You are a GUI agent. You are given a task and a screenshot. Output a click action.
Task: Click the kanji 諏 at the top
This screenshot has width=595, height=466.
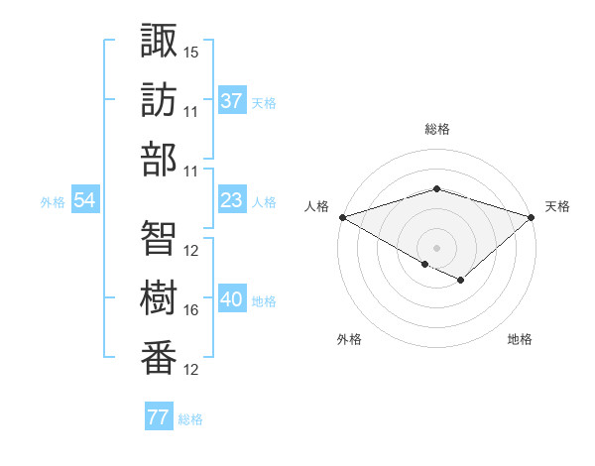159,41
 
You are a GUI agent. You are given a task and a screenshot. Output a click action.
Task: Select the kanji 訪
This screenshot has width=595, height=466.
159,100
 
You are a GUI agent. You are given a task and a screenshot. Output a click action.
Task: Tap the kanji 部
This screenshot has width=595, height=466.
159,160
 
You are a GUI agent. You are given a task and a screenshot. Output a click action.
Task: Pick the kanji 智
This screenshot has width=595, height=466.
159,238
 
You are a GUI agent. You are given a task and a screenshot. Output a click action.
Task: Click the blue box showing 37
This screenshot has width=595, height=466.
231,101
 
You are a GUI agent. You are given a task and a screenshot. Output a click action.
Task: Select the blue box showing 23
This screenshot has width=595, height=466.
231,201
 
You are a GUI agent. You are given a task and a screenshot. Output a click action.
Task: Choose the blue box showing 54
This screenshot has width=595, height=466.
84,201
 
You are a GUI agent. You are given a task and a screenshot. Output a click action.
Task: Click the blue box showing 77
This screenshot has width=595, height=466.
159,417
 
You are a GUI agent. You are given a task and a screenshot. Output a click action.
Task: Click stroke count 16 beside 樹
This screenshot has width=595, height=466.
191,310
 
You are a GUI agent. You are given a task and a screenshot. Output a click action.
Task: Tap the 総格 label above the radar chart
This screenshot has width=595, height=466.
436,129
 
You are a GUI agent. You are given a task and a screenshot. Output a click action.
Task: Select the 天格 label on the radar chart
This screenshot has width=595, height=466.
557,206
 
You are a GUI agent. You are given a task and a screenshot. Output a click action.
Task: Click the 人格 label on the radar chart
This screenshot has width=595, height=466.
316,206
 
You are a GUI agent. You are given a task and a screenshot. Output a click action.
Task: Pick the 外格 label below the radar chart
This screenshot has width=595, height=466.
349,340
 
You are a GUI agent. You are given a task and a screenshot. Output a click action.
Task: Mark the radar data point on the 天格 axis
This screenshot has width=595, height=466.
533,216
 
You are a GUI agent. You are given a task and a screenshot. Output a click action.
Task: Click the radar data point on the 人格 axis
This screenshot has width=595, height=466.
342,216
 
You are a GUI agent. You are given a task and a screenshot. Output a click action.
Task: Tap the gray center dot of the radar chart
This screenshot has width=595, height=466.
436,247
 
